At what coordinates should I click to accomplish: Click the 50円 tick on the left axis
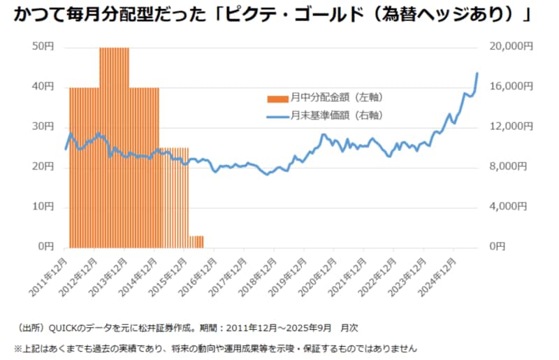(x=43, y=46)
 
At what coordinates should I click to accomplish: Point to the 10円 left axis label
(x=43, y=207)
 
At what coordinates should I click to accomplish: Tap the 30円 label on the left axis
(x=43, y=127)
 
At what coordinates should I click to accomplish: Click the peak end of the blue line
(x=477, y=73)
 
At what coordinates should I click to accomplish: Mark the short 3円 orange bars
(x=196, y=242)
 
